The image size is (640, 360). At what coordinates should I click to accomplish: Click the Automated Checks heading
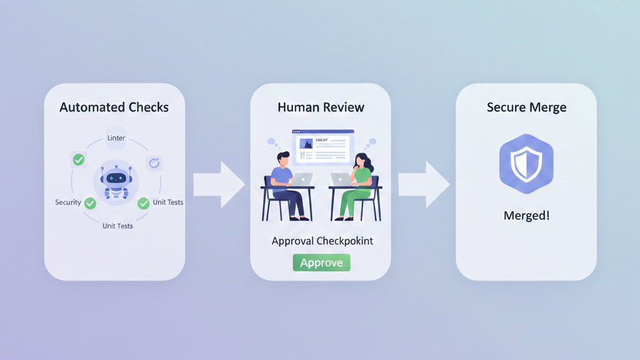coord(114,107)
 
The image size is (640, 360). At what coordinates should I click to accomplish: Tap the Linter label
coord(116,138)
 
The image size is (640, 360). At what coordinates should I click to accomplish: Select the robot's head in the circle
coord(116,177)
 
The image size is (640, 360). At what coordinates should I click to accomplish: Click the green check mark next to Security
coord(90,203)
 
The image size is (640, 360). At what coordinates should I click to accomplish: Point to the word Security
coord(68,202)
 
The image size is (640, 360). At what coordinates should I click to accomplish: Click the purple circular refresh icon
coord(154,163)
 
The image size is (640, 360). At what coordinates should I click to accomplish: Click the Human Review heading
coord(321,107)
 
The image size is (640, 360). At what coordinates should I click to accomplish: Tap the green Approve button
coord(321,262)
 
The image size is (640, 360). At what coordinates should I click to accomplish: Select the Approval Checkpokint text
coord(322,241)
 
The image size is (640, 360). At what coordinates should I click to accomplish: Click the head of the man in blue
coord(283,159)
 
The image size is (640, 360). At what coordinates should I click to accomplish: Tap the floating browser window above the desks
coord(323,147)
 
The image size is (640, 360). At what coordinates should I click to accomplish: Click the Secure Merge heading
coord(526,107)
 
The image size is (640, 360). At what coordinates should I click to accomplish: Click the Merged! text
coord(526,216)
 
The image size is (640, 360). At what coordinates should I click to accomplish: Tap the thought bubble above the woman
coord(372,142)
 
